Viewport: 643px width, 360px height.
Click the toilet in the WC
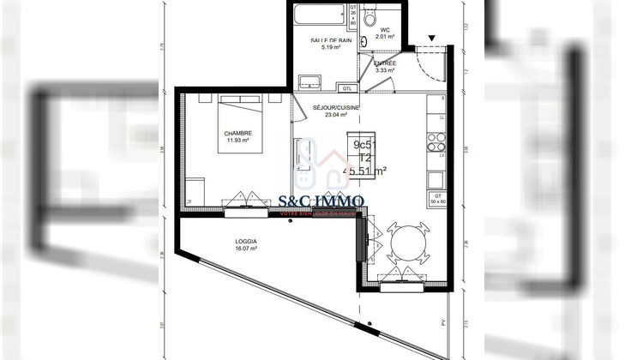[x=370, y=16]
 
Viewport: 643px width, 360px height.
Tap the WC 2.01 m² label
[x=387, y=33]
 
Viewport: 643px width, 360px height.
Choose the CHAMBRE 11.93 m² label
[x=237, y=137]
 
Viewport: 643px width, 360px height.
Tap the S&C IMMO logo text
[x=322, y=201]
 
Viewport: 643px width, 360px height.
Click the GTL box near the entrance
[x=347, y=87]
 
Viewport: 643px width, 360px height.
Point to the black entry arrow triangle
[x=431, y=37]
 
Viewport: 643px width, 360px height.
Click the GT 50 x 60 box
[x=436, y=200]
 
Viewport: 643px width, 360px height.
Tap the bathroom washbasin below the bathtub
[x=309, y=82]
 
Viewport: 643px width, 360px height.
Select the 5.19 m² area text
[x=331, y=48]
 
